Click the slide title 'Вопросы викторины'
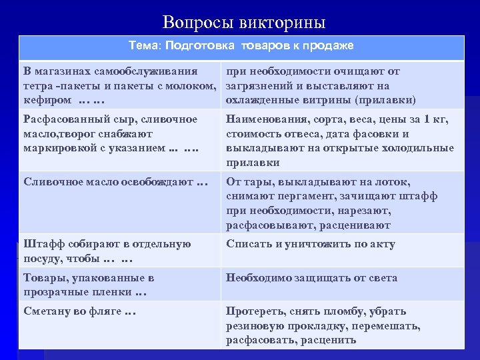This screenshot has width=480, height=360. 244,23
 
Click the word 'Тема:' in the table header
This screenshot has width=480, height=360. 145,46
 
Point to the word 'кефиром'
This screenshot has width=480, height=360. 47,100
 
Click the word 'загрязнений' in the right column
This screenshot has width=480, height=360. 261,86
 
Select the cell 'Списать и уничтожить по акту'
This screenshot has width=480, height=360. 311,244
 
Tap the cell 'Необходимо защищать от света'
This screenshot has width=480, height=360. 311,278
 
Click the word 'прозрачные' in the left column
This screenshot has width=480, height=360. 55,292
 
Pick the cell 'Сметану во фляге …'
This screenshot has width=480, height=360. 79,311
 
